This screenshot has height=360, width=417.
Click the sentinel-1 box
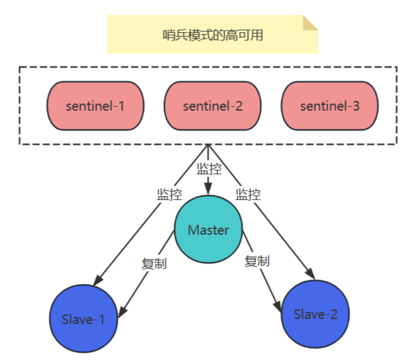95,105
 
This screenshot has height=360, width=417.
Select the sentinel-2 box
212,105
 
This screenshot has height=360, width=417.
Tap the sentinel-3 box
329,105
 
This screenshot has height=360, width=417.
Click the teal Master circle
208,230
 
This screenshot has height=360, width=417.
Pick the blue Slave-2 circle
315,314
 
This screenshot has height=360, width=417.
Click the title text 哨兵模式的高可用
212,35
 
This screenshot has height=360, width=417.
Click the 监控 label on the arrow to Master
208,169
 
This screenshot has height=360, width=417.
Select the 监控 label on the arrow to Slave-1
169,194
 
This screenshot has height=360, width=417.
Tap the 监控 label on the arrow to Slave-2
248,194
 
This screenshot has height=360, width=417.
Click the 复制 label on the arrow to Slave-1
154,263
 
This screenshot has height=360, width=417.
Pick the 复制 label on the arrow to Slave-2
257,261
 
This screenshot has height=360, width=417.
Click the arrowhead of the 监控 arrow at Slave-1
97,281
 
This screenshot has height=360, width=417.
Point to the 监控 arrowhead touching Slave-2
310,274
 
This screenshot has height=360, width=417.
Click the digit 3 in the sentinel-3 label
357,105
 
